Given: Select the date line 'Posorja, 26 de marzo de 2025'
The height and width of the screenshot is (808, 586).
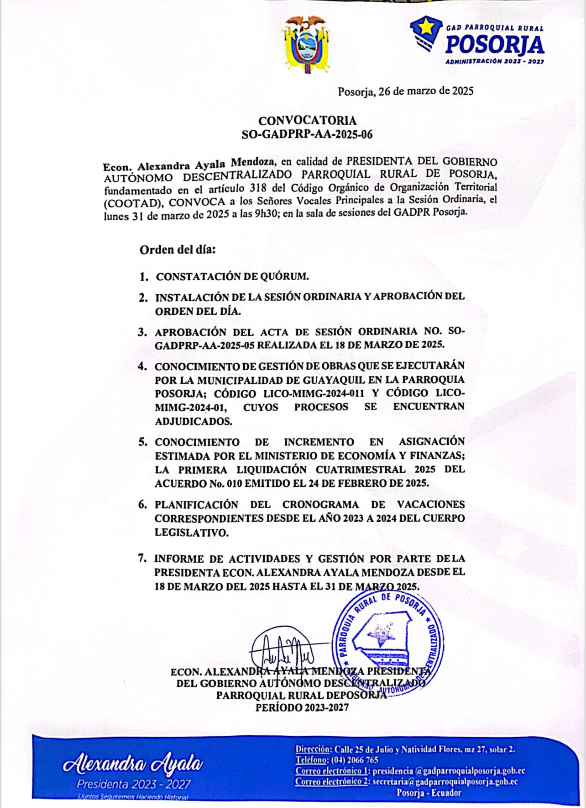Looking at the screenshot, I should (x=405, y=91).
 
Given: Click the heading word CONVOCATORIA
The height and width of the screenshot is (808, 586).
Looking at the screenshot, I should (x=307, y=121).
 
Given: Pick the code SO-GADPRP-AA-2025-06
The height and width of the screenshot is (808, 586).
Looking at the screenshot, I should (x=307, y=134).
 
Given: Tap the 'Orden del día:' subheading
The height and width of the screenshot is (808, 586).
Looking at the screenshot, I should (x=178, y=250).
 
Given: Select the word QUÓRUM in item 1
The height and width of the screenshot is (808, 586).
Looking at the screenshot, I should (x=286, y=276).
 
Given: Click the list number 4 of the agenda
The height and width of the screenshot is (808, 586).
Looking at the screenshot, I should (x=143, y=366).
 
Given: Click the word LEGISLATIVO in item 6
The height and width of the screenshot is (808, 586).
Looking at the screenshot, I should (x=192, y=532).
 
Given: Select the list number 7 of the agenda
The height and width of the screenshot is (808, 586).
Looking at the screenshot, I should (x=142, y=558).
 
